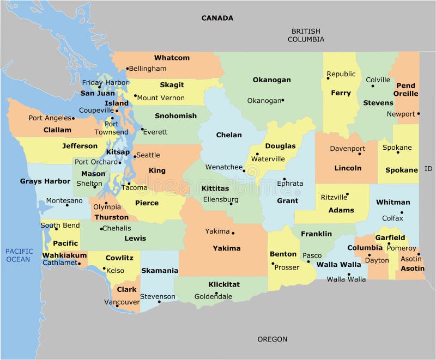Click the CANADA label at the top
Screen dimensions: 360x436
217,18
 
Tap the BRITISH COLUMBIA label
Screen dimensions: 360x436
306,35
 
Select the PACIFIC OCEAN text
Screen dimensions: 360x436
19,255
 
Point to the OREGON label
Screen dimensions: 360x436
272,339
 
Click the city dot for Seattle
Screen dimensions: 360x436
134,156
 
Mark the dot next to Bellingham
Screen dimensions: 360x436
128,69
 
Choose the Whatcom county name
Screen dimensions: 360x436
172,58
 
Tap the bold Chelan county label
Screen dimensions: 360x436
229,135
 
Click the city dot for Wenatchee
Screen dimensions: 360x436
244,170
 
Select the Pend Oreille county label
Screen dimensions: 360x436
406,89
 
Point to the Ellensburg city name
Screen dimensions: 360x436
220,199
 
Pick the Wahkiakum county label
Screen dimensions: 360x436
64,255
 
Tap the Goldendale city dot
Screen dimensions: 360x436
216,294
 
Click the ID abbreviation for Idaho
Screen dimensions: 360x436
428,169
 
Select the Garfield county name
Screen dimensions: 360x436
390,237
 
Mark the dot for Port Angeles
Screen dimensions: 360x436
73,118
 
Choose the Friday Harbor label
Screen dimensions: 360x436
105,83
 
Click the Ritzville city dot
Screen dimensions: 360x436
347,194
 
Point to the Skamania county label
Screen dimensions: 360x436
160,270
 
